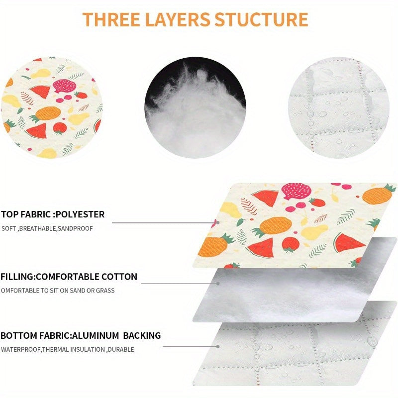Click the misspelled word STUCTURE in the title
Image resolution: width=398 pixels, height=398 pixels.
pos(261,19)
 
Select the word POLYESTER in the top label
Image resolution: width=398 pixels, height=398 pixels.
pos(80,214)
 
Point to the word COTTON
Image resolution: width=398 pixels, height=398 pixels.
pos(119,277)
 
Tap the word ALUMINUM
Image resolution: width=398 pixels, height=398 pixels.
pos(96,335)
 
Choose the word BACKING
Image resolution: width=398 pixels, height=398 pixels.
pos(142,335)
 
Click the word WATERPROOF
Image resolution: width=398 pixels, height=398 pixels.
pos(21,350)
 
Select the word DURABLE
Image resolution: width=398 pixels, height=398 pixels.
pos(121,350)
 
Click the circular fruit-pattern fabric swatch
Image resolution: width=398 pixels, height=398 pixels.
pos(52,107)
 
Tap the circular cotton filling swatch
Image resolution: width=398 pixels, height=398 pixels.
pos(195,107)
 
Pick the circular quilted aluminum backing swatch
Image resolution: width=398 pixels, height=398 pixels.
pos(339,107)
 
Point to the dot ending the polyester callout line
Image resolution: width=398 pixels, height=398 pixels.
pos(218,222)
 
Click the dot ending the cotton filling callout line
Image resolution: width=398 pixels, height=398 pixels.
pos(218,284)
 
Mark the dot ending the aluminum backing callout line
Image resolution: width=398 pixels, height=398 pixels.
pos(218,346)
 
